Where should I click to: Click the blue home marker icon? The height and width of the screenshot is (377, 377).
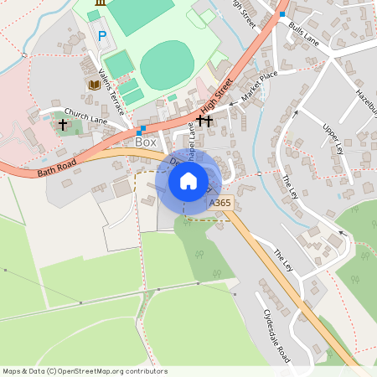[x=188, y=180]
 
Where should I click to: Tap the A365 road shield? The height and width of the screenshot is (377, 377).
[x=220, y=203]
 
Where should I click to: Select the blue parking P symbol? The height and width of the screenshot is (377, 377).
[x=102, y=36]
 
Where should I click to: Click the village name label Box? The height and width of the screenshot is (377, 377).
[x=146, y=142]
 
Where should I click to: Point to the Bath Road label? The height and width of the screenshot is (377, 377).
[x=56, y=167]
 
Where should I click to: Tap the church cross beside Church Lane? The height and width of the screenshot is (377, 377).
[x=63, y=125]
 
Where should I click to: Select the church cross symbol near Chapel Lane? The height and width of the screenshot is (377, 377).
[x=205, y=121]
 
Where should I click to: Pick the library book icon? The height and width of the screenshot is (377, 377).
[x=93, y=85]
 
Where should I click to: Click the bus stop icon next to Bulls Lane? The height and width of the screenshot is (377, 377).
[x=282, y=14]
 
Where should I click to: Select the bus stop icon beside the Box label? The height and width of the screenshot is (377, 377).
[x=141, y=129]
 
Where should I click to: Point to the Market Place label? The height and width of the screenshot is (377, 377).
[x=258, y=85]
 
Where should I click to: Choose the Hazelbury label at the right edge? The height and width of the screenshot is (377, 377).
[x=365, y=102]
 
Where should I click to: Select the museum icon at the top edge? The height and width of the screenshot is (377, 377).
[x=101, y=3]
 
